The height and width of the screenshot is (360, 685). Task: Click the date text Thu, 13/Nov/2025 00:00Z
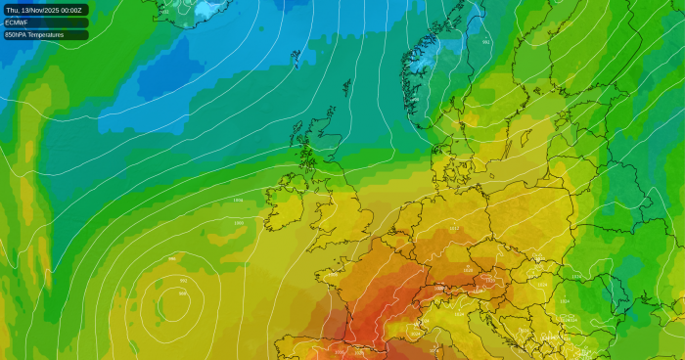[45, 10]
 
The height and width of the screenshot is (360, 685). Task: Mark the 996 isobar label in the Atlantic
[172, 259]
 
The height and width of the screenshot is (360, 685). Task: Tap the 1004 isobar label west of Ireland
[238, 200]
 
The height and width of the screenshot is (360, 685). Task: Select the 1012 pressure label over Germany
[453, 229]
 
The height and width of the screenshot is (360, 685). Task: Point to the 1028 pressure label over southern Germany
[468, 270]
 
